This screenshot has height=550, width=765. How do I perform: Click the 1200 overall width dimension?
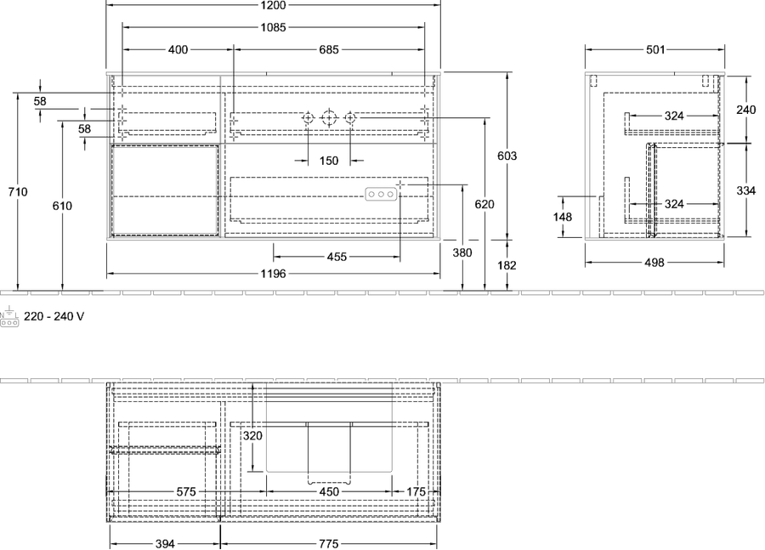click(x=273, y=5)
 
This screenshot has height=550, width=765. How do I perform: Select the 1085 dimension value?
click(x=273, y=28)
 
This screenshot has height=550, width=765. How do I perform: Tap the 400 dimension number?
click(x=178, y=50)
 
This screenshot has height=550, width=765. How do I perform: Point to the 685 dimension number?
click(x=329, y=50)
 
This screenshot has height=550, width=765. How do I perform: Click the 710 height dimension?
click(x=18, y=192)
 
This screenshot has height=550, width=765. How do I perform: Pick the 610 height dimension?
click(x=62, y=206)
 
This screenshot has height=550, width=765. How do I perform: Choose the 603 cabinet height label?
click(x=507, y=156)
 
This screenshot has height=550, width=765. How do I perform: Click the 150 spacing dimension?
click(x=329, y=161)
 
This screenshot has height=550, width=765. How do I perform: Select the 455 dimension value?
click(x=337, y=257)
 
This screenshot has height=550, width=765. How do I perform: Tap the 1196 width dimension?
click(x=273, y=274)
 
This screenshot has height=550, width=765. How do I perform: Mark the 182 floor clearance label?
click(x=507, y=265)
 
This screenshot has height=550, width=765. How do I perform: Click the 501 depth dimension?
click(x=655, y=50)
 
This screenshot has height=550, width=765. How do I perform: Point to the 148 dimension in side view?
click(x=563, y=216)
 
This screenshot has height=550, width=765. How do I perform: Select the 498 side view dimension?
click(x=654, y=263)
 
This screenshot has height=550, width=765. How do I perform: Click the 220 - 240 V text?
click(x=54, y=317)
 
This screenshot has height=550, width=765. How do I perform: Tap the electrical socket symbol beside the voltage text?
click(x=9, y=317)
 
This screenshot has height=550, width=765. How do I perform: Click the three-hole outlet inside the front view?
click(x=381, y=194)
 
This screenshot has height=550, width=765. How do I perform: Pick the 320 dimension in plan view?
click(x=252, y=435)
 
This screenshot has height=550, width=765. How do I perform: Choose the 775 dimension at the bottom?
click(x=328, y=544)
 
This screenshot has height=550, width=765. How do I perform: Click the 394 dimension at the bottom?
click(x=165, y=544)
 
